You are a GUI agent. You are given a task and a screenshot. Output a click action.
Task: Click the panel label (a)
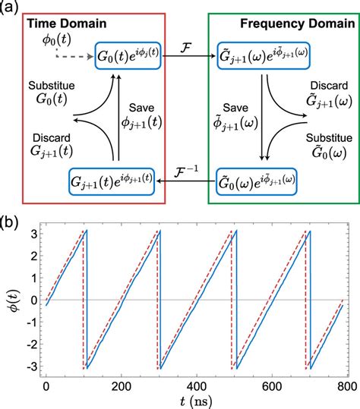(x=10, y=7)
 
